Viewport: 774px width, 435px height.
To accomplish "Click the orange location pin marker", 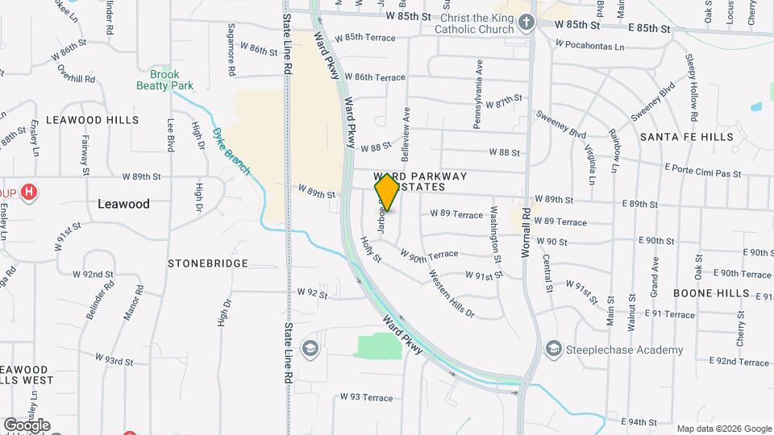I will (387, 193).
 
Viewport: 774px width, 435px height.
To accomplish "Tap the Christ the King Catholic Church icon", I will (526, 23).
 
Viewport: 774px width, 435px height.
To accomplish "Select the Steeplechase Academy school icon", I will (553, 349).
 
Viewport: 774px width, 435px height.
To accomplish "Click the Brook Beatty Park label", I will (164, 79).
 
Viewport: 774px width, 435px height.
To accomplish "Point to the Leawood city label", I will (123, 204).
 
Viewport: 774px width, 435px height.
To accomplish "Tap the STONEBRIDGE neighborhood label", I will (208, 263).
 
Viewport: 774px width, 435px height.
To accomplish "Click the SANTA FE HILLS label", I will (687, 137).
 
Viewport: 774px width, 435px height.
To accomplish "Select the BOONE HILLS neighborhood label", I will (711, 293).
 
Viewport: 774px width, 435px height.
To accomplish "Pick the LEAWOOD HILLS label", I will (92, 120).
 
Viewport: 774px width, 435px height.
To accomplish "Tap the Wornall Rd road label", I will (525, 230).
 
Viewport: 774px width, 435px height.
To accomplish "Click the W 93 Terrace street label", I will (366, 397).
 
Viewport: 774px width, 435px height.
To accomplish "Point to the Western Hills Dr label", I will (451, 294).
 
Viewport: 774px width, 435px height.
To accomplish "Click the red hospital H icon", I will (29, 193).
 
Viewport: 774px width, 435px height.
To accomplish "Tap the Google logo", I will (27, 425).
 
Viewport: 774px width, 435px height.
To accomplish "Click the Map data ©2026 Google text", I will (723, 429).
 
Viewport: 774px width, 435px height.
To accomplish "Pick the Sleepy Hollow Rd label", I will (691, 84).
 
